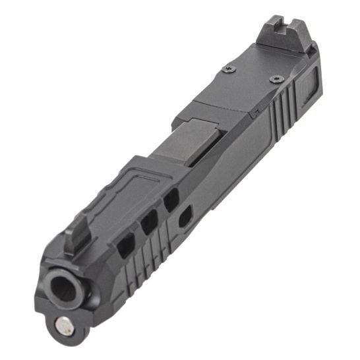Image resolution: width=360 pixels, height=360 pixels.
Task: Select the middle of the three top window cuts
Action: [x=148, y=224]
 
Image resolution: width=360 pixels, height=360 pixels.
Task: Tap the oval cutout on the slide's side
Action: [x=186, y=214]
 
